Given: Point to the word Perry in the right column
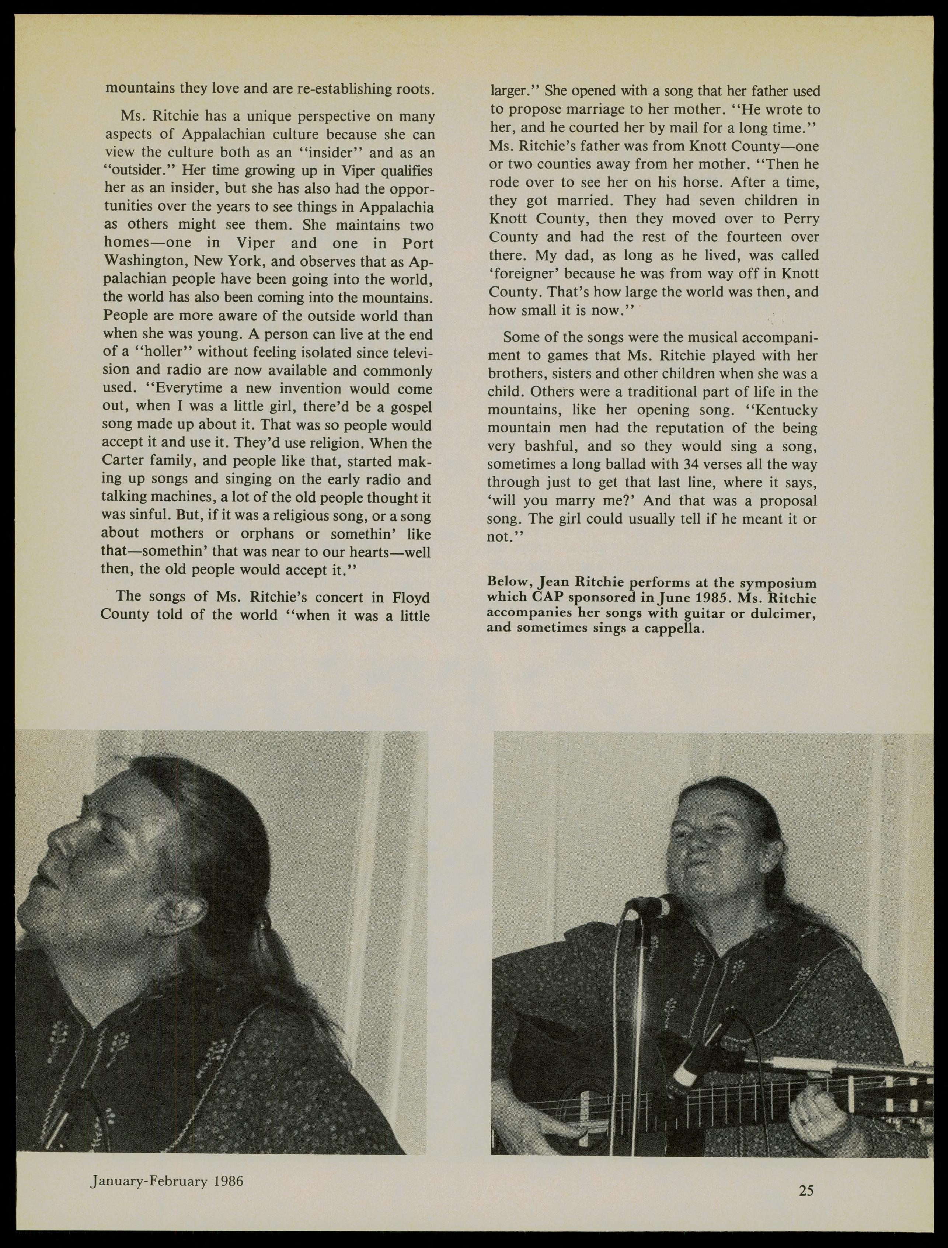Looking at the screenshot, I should (x=801, y=218).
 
